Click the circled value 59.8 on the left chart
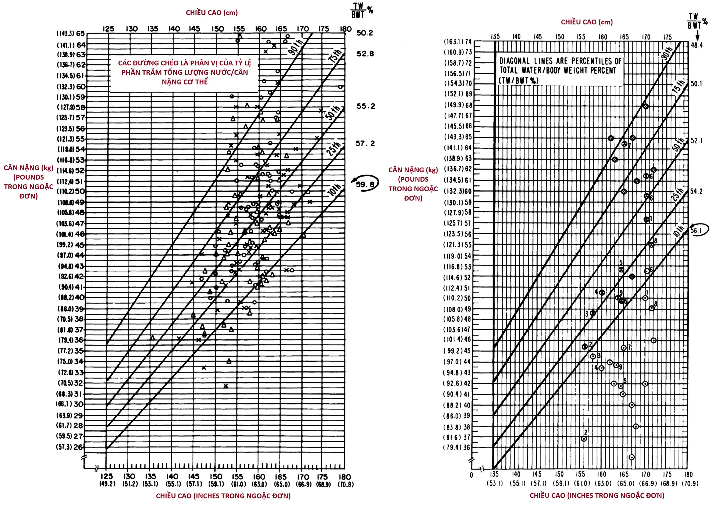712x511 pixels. tap(365, 184)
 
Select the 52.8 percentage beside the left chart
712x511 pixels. tap(365, 54)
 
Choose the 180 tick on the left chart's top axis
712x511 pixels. tap(344, 29)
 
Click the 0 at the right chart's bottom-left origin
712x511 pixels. tap(471, 475)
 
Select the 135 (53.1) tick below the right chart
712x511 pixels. tap(495, 479)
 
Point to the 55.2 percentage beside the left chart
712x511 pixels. tap(365, 106)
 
